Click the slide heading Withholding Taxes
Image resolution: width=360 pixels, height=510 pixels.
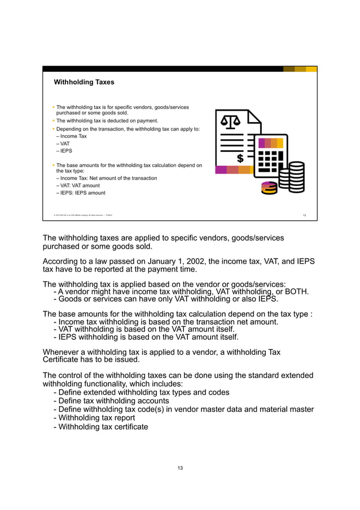[x=84, y=82]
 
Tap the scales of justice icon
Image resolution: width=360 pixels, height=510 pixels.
[x=230, y=121]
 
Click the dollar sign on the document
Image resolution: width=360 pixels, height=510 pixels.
[x=240, y=158]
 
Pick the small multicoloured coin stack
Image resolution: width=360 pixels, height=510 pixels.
[x=269, y=188]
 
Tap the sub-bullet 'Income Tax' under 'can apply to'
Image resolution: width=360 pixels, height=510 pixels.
[x=73, y=136]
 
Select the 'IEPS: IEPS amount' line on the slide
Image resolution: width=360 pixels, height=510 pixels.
[x=82, y=193]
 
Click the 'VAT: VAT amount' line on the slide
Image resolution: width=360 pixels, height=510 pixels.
[x=80, y=185]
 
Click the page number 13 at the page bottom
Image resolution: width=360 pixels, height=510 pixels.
[x=179, y=468]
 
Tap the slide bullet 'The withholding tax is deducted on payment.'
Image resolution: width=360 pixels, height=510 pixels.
[x=107, y=121]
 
